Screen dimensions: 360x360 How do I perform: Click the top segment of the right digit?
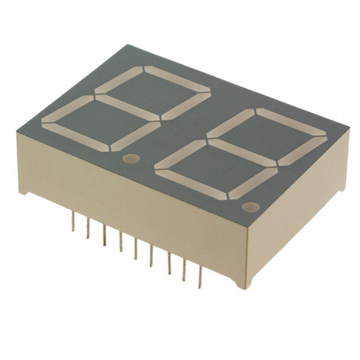[x=291, y=123]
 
